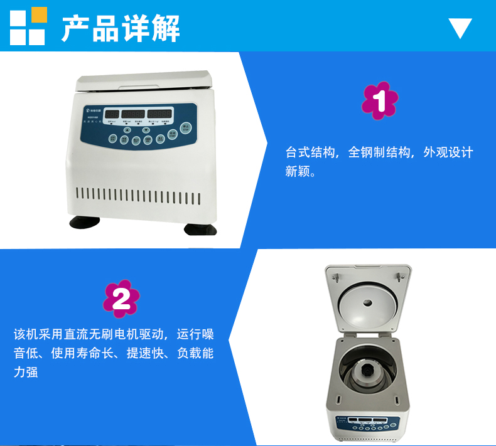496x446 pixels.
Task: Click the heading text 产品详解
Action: coord(121,28)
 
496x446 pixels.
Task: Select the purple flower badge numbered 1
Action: coord(380,100)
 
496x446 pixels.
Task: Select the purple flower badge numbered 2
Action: coord(121,299)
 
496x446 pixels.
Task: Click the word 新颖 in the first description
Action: coord(298,171)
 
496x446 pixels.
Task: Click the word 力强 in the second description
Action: coord(26,372)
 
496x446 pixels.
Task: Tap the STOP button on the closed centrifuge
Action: coord(185,128)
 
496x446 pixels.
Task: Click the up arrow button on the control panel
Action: coord(127,130)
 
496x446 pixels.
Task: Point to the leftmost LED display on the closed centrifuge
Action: coord(112,114)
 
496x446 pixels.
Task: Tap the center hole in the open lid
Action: coord(368,302)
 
